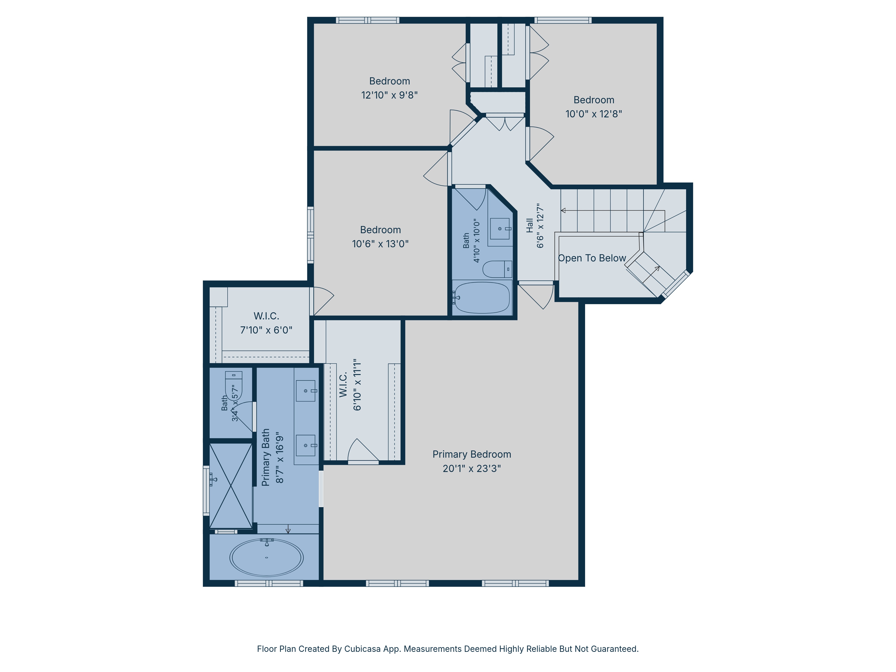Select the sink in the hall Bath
tap(500, 229)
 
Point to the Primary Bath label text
tap(266, 457)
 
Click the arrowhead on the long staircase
tap(563, 211)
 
